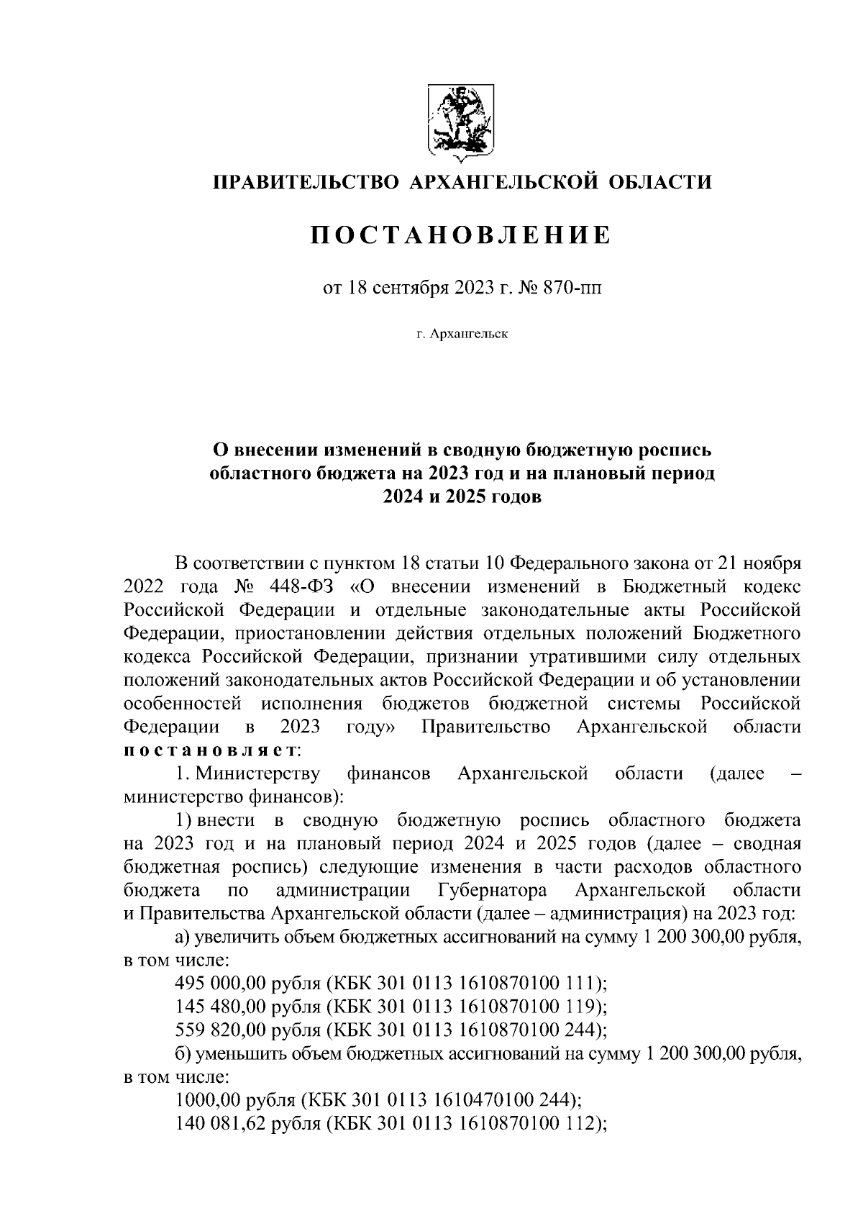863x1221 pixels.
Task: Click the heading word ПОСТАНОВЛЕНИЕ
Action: [460, 235]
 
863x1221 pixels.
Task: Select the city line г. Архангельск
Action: [461, 335]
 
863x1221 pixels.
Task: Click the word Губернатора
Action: [492, 890]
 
